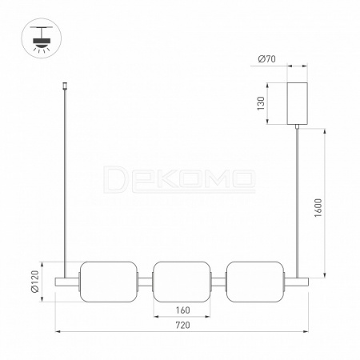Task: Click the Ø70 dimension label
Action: pyautogui.click(x=267, y=58)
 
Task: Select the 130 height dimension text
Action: pyautogui.click(x=261, y=103)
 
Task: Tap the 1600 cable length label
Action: pyautogui.click(x=318, y=208)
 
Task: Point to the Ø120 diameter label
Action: pyautogui.click(x=35, y=282)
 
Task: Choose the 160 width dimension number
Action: pyautogui.click(x=183, y=310)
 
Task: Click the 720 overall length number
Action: pyautogui.click(x=183, y=325)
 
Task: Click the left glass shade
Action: pyautogui.click(x=109, y=282)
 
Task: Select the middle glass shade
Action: pyautogui.click(x=182, y=282)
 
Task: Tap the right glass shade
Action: pyautogui.click(x=255, y=282)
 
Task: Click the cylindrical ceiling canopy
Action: pyautogui.click(x=297, y=103)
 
